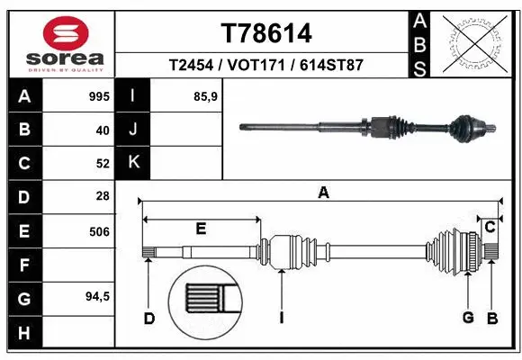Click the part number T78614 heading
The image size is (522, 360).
pos(266,33)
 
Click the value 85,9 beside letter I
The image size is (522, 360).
pos(207,95)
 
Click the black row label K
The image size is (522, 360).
pos(133,163)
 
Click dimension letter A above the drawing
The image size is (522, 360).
pos(323,192)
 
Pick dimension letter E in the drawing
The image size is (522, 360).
pos(201,229)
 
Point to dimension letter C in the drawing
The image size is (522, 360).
pos(490,227)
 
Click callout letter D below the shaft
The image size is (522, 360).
pos(149,318)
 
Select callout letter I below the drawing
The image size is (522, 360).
pos(282,318)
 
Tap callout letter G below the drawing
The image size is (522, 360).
pos(468,318)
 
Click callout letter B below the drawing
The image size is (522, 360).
pos(491,318)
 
